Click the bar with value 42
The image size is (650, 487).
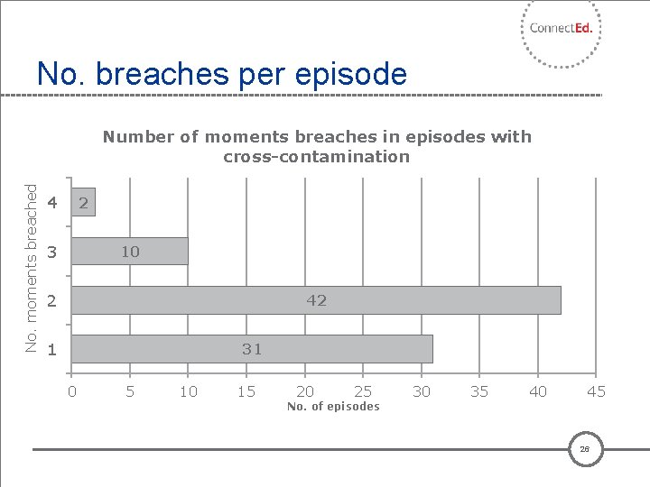316,300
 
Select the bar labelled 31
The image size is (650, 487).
252,349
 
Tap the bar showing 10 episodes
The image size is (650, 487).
130,252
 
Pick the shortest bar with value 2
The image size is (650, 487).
83,203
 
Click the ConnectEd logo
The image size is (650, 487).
561,29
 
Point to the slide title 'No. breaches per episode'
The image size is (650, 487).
222,73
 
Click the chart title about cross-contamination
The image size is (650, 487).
317,146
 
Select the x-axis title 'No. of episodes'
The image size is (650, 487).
333,407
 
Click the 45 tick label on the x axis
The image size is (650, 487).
596,391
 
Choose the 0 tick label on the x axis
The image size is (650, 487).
72,391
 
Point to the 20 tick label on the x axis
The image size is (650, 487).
305,391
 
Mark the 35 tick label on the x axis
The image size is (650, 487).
479,391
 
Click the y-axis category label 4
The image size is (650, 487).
51,204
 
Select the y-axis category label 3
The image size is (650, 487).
51,253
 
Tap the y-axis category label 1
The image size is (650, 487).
51,350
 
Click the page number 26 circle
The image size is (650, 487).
585,449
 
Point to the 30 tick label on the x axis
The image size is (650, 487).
422,391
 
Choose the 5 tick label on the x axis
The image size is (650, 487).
130,391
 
